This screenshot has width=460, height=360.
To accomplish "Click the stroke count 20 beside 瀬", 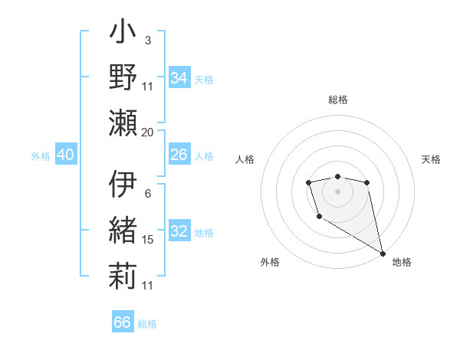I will click(x=148, y=132).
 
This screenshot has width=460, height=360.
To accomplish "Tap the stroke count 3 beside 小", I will click(x=147, y=40).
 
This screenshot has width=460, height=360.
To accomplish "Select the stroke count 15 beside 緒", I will click(x=148, y=240).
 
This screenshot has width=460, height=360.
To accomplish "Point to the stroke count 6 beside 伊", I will click(x=147, y=193).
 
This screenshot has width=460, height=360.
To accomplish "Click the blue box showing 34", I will click(x=179, y=77).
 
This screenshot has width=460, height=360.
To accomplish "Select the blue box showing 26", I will click(x=179, y=155).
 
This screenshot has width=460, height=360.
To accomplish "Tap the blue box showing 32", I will click(x=179, y=232).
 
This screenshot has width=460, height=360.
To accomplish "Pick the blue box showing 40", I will click(x=65, y=155).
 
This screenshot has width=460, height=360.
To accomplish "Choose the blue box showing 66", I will click(x=122, y=322).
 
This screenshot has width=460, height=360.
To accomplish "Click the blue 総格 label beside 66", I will click(x=147, y=324).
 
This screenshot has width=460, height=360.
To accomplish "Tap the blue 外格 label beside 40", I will click(x=41, y=156).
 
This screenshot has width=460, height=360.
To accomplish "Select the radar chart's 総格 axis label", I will click(x=337, y=100).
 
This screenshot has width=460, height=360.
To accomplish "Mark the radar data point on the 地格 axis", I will click(x=383, y=254).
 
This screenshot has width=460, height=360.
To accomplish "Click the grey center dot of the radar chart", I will click(x=337, y=190).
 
